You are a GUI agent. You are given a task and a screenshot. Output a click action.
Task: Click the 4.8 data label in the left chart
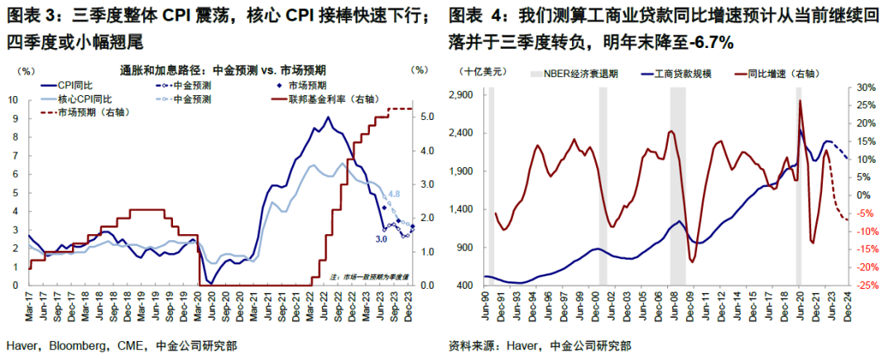(394, 194)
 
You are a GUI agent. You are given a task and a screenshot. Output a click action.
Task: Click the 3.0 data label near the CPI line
(382, 239)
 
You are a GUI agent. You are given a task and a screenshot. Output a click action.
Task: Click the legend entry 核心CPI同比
(84, 99)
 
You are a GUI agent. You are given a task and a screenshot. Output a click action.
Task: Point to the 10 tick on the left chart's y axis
(14, 100)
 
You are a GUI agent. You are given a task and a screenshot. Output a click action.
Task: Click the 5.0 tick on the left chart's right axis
(423, 118)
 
